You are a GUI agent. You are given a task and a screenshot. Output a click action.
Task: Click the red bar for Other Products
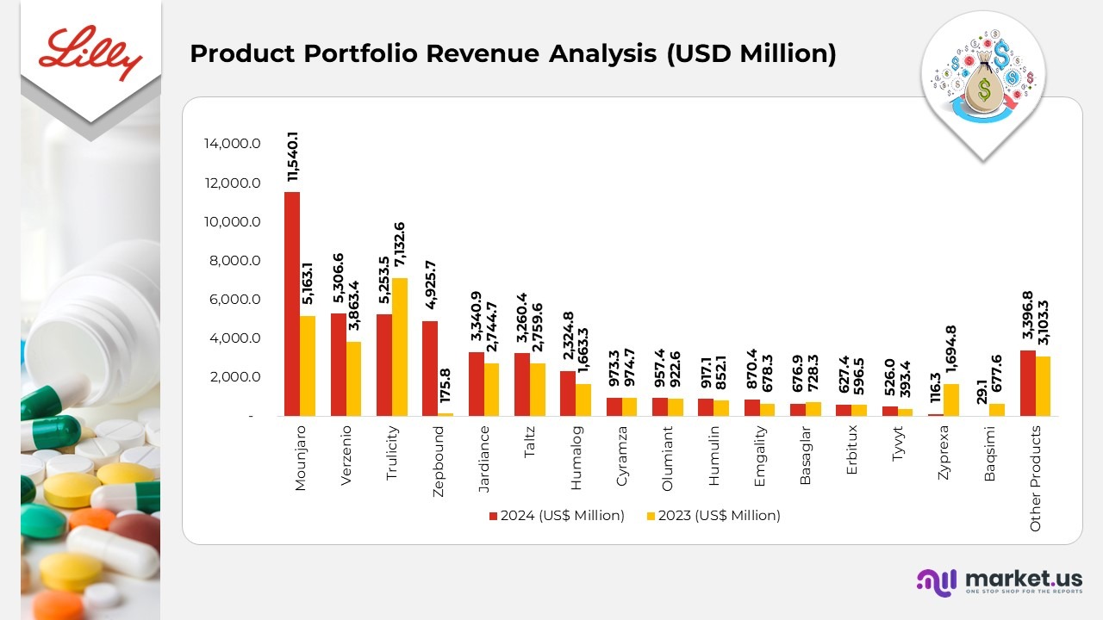(1027, 382)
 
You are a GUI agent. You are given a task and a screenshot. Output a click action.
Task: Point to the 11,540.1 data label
(293, 156)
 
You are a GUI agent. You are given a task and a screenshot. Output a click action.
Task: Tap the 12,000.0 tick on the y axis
(232, 183)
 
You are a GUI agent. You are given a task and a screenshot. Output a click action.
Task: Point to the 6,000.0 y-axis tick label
(232, 300)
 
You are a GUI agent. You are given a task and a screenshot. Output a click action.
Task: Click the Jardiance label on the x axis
(484, 458)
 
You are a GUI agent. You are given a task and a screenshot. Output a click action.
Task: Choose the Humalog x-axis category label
(576, 457)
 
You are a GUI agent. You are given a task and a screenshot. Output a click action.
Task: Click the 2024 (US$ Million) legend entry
(557, 516)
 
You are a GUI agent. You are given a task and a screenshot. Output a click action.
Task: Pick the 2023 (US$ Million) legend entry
(713, 516)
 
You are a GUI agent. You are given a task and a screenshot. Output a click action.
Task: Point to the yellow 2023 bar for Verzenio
(353, 379)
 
